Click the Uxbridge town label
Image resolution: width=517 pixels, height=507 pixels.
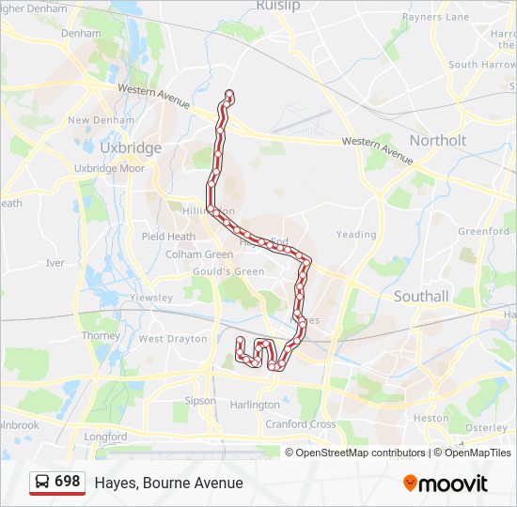[x=131, y=148]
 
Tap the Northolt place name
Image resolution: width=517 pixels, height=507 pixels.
[x=438, y=140]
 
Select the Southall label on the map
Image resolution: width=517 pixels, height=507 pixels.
[x=421, y=296]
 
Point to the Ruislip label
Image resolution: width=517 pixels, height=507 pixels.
[x=277, y=6]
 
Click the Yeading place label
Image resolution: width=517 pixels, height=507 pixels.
[x=356, y=235]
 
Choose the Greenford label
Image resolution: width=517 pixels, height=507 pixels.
[x=483, y=231]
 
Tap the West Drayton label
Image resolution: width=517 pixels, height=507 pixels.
[x=172, y=338]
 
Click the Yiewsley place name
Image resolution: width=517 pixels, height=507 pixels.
[x=150, y=298]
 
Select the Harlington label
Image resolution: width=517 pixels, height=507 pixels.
[x=255, y=405]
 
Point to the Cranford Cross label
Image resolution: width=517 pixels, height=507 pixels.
[x=300, y=424]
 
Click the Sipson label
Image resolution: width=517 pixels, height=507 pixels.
[x=200, y=400]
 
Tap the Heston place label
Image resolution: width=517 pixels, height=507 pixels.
[x=431, y=418]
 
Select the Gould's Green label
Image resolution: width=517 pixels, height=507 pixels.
[x=228, y=271]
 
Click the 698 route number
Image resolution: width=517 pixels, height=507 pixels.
[x=67, y=481]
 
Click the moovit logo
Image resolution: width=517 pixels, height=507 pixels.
[x=446, y=483]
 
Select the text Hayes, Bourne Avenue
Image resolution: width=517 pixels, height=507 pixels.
[x=168, y=483]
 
